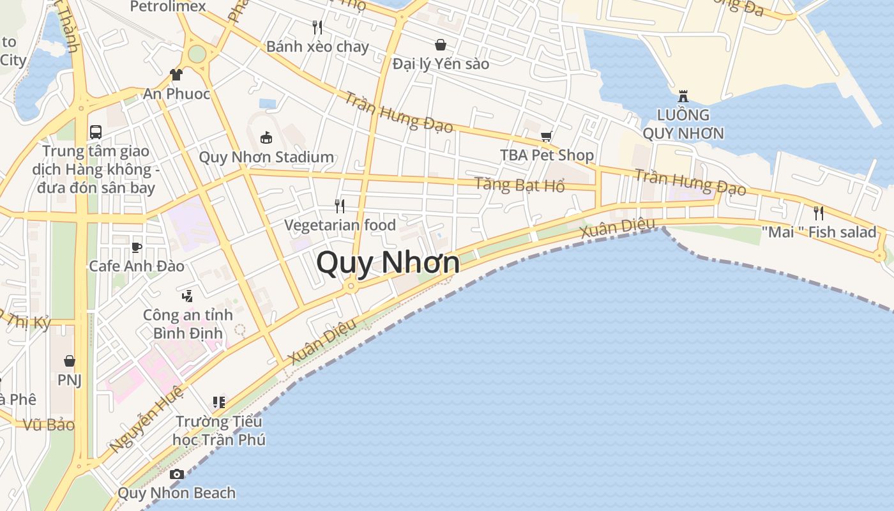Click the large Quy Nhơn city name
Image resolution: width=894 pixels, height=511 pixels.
coord(388,263)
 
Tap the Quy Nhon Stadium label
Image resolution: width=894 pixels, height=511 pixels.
coord(266,157)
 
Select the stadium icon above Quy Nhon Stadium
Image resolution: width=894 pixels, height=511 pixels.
coord(266,137)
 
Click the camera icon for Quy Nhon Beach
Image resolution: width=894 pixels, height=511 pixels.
coord(177,474)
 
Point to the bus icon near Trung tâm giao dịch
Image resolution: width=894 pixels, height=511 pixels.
coord(95,132)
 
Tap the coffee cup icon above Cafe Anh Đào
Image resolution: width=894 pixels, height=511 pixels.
coord(136,247)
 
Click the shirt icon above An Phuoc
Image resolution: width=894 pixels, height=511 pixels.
coord(176,75)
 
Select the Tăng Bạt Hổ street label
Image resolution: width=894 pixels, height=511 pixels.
coord(519,185)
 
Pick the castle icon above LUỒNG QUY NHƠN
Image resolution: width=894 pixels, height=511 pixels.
coord(683,97)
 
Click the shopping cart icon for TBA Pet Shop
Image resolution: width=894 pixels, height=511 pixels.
coord(546,136)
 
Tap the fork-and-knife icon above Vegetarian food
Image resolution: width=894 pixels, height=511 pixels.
coord(340,206)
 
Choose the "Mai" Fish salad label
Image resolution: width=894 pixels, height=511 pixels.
coord(819,232)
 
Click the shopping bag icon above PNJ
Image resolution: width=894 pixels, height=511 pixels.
coord(70,361)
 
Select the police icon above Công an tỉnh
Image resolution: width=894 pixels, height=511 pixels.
coord(187,296)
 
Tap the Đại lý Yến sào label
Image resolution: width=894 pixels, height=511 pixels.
coord(441,64)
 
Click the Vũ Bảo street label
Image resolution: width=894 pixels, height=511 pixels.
coord(49,425)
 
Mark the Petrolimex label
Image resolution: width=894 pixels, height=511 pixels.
coord(168,6)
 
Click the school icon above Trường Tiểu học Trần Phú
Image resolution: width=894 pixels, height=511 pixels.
coord(219,402)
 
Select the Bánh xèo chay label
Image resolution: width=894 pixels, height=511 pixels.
coord(317,47)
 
